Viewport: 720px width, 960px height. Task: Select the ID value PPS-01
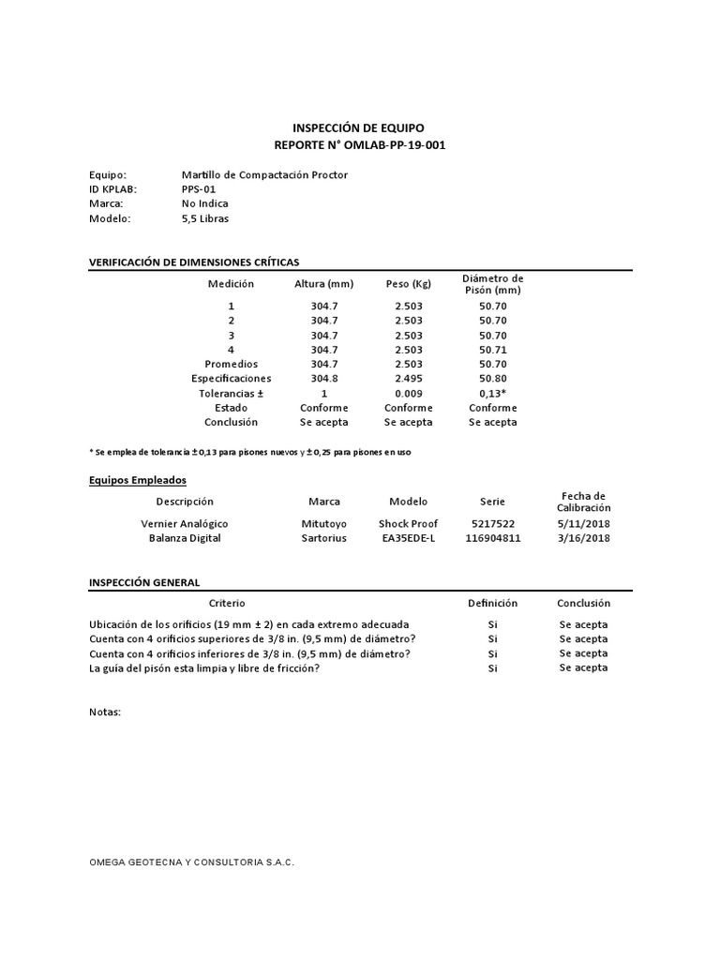(198, 188)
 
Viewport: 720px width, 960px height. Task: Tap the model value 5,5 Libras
(204, 218)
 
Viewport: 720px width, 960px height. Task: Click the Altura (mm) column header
(323, 284)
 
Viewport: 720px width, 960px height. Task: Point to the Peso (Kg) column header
(408, 284)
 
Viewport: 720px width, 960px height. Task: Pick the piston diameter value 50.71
(492, 350)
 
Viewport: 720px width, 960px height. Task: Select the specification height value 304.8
(323, 379)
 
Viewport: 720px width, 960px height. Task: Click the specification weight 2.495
(409, 379)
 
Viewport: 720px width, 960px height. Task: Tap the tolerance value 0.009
(409, 394)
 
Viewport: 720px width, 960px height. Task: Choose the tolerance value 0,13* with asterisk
(493, 394)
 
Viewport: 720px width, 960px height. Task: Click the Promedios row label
(231, 364)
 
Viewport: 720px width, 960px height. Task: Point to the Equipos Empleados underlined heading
(137, 480)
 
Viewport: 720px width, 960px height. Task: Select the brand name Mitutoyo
(324, 524)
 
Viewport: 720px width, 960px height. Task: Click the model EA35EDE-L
(408, 539)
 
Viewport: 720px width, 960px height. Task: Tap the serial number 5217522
(492, 524)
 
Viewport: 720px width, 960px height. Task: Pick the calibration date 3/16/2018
(584, 539)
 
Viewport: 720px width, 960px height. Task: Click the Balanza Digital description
(185, 539)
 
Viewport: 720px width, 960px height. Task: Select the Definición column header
(492, 604)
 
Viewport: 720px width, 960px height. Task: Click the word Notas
(105, 712)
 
